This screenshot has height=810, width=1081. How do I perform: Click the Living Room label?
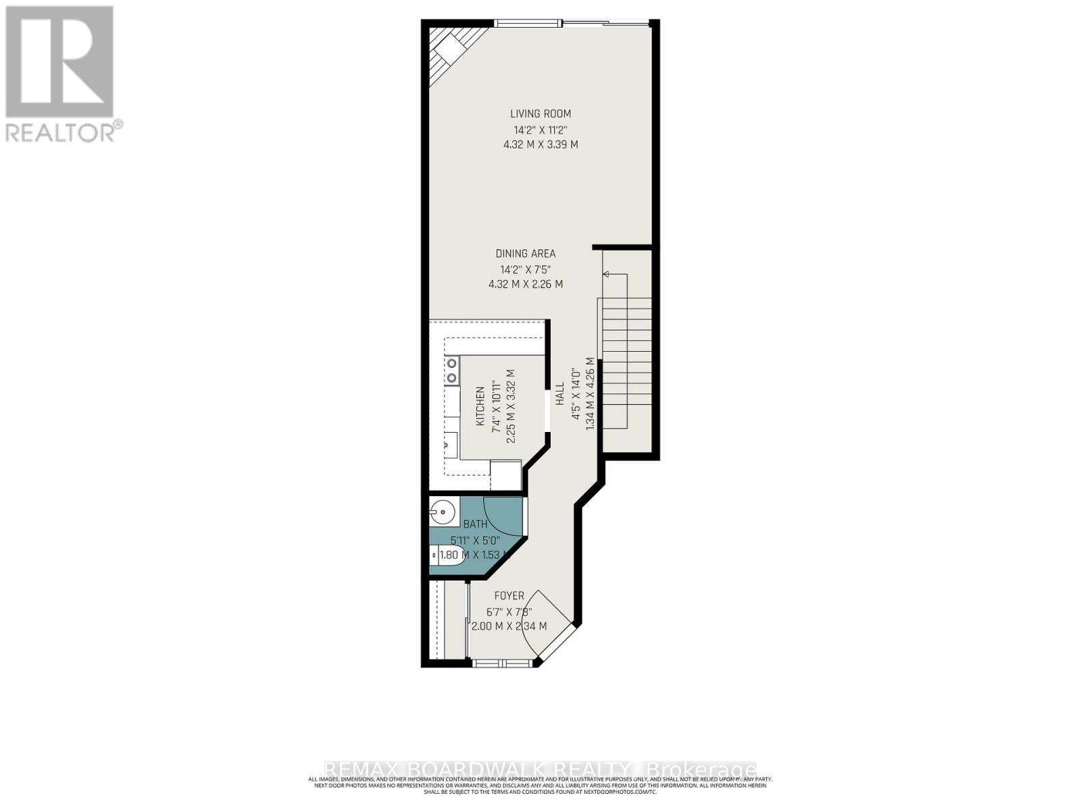[x=540, y=113]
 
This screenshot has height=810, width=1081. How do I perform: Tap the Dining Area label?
[x=526, y=254]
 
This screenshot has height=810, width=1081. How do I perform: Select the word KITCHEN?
[x=480, y=406]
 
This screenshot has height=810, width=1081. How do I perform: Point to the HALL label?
[x=559, y=394]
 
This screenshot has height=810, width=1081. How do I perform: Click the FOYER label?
[x=509, y=596]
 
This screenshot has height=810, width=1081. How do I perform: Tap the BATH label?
[x=475, y=524]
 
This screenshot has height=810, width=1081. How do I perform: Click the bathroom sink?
[x=443, y=512]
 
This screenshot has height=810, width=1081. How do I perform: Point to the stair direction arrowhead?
[x=606, y=274]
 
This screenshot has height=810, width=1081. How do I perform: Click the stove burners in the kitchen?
[x=451, y=371]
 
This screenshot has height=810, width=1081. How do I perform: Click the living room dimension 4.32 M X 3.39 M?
[x=540, y=144]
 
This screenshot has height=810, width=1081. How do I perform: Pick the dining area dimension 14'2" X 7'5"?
[x=526, y=269]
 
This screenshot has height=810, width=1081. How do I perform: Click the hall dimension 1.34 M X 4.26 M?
[x=590, y=394]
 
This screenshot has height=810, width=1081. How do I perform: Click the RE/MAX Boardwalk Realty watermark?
[x=540, y=769]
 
